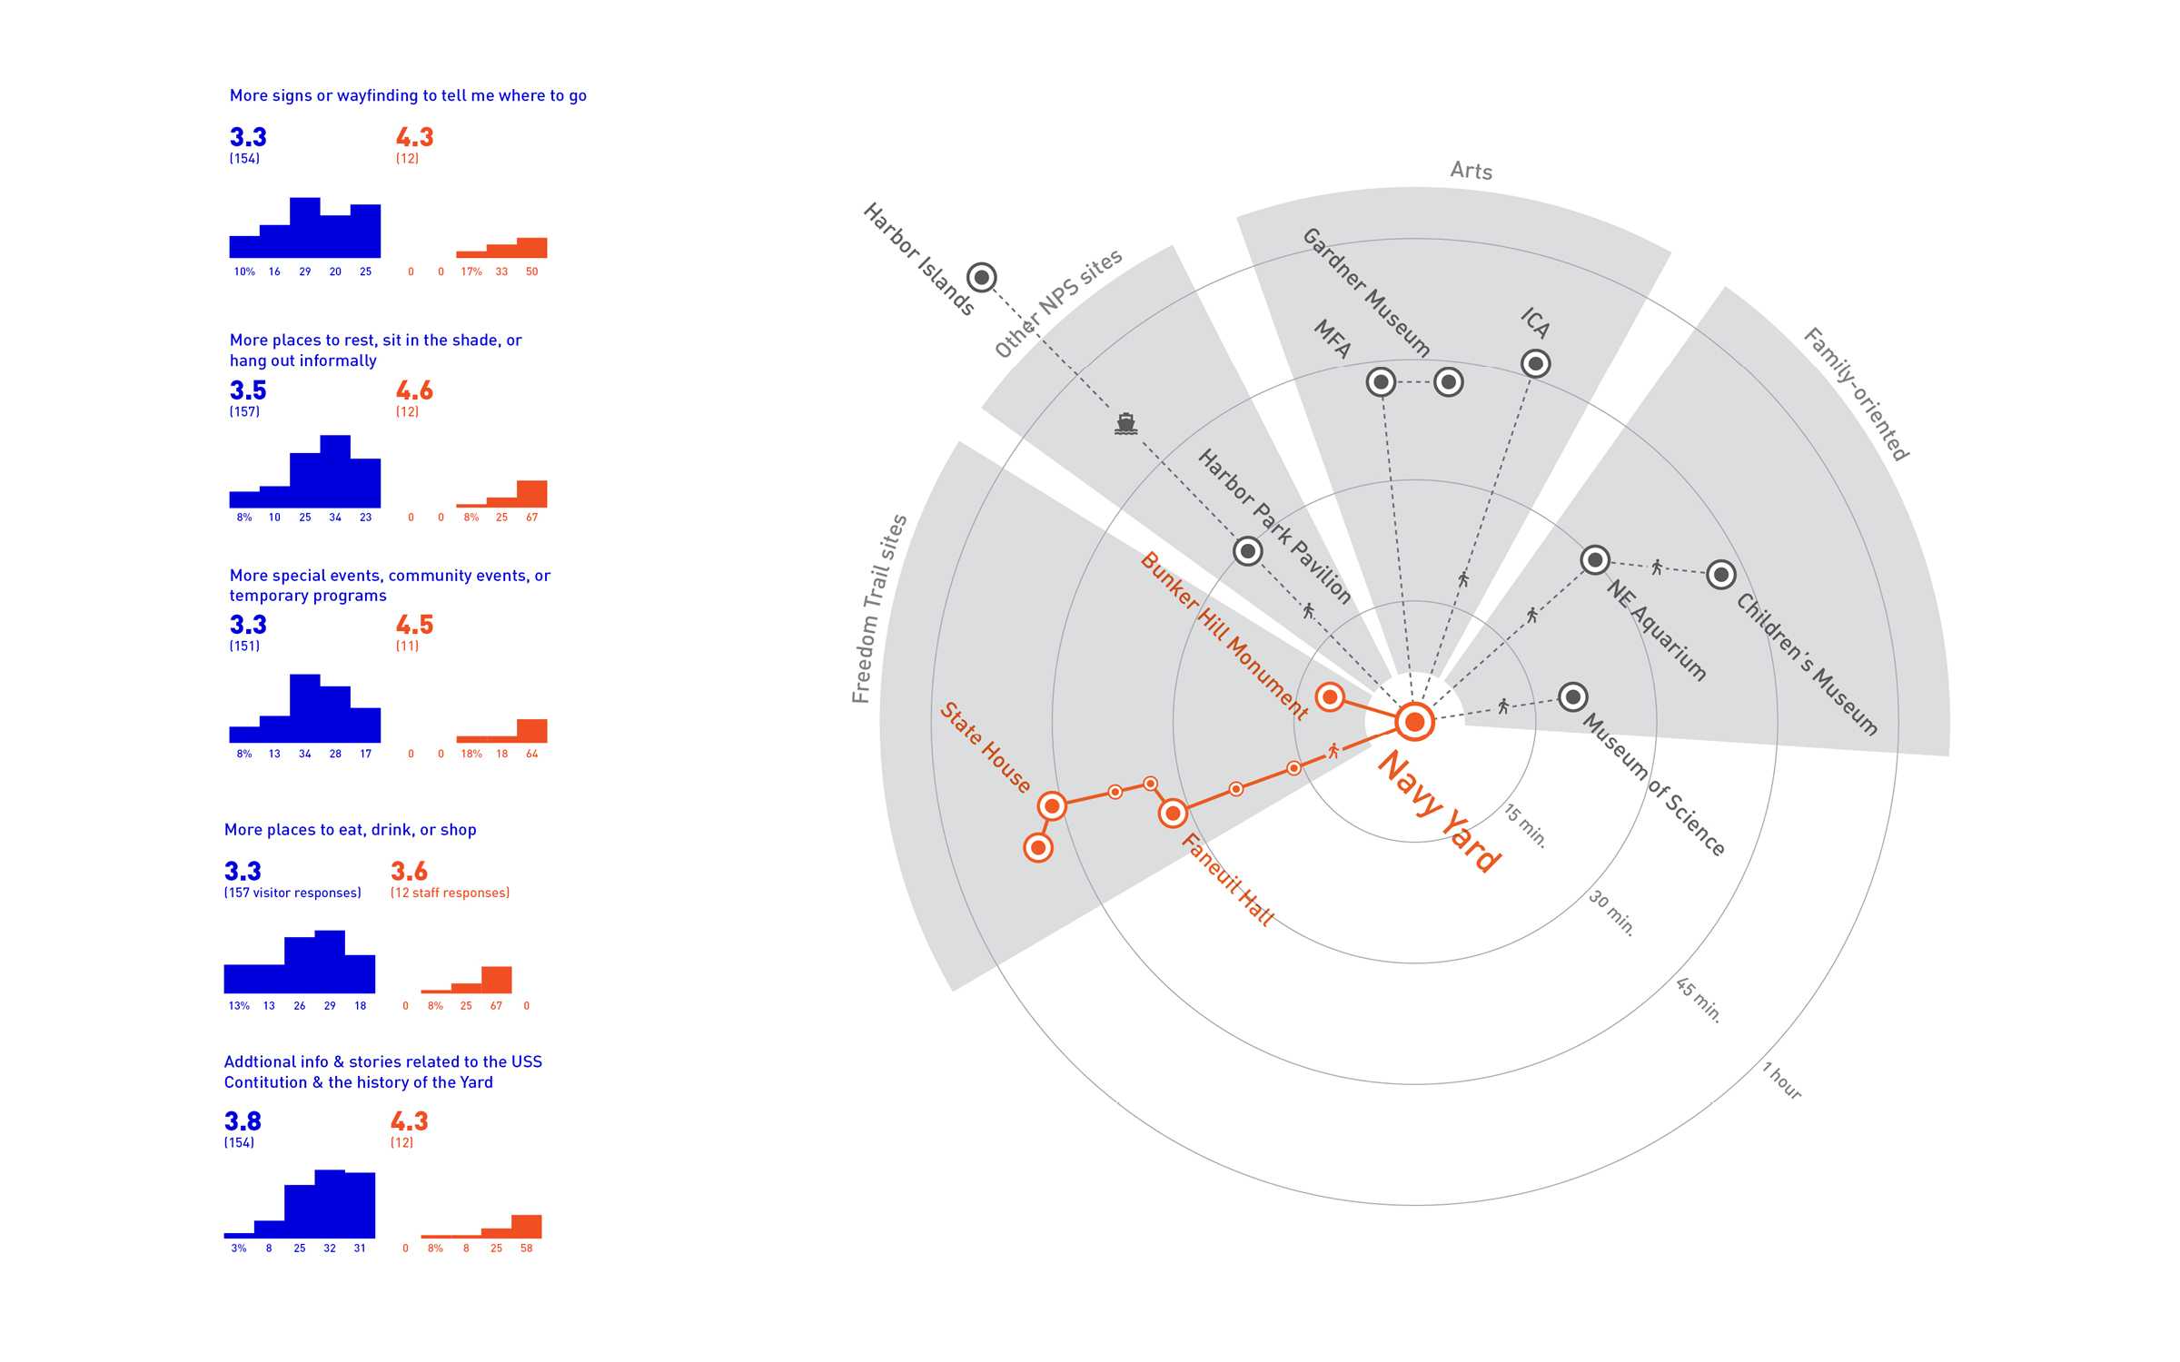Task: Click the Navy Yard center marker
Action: coord(1414,722)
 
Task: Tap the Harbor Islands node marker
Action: coord(981,277)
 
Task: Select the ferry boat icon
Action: coord(1125,423)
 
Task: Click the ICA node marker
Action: coord(1535,364)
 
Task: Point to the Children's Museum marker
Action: coord(1720,575)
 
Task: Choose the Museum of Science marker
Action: coord(1572,697)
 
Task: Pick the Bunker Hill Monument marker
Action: coord(1330,697)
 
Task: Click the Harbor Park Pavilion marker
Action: coord(1248,550)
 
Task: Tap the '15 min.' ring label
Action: coord(1525,825)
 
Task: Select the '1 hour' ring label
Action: coord(1782,1081)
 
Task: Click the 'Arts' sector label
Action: coord(1471,171)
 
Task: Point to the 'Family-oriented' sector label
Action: coord(1856,394)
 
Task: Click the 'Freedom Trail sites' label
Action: coord(878,608)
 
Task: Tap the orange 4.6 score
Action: coord(414,390)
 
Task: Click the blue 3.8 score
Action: coord(243,1121)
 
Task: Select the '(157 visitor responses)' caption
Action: coord(292,893)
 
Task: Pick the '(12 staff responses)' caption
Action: coord(450,893)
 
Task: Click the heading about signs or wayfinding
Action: coord(408,95)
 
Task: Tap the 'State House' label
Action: coord(985,747)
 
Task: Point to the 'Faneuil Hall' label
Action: coord(1227,879)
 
